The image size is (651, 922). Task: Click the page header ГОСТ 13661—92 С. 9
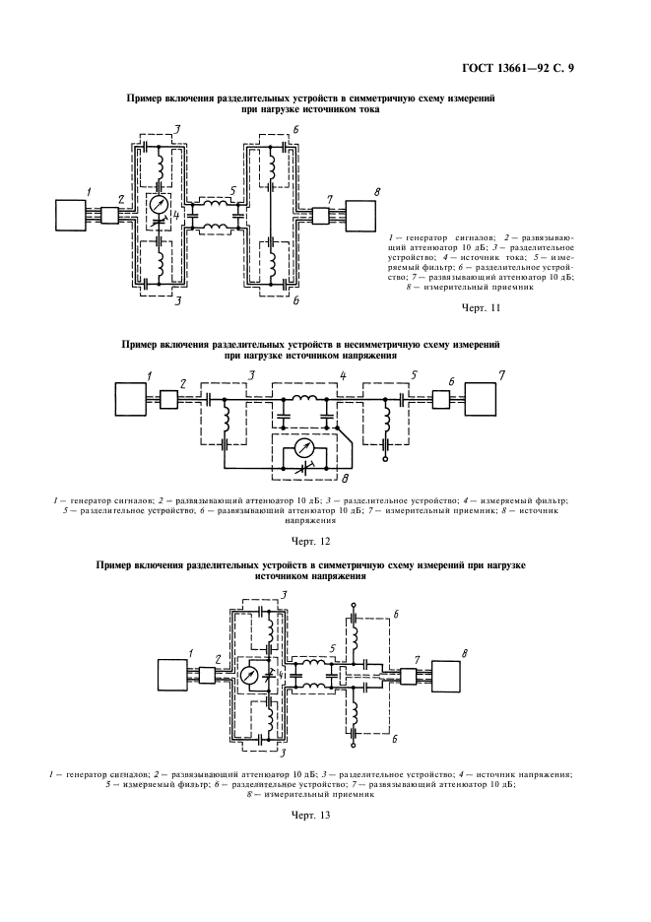pos(517,69)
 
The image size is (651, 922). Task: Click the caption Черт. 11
pos(481,307)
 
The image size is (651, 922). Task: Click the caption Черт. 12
pos(310,541)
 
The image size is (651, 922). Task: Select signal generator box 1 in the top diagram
pos(70,216)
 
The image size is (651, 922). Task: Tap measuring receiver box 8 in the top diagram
pos(360,216)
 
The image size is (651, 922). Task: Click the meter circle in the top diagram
pos(159,206)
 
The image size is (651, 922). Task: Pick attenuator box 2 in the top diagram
pos(109,216)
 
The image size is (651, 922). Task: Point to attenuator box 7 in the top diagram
pos(320,216)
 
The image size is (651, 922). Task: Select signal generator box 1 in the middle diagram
pos(129,399)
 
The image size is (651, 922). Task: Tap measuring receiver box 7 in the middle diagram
pos(481,399)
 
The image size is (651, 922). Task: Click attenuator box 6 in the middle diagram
pos(440,399)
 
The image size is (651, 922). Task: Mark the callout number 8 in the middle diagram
pos(347,478)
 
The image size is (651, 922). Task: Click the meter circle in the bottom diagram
pos(250,676)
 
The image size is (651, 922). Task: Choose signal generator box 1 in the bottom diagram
pos(173,675)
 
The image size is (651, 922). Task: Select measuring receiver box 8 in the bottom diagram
pos(446,675)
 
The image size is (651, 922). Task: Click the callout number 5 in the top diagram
pos(233,189)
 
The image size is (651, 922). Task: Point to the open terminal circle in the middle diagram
pos(386,459)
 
